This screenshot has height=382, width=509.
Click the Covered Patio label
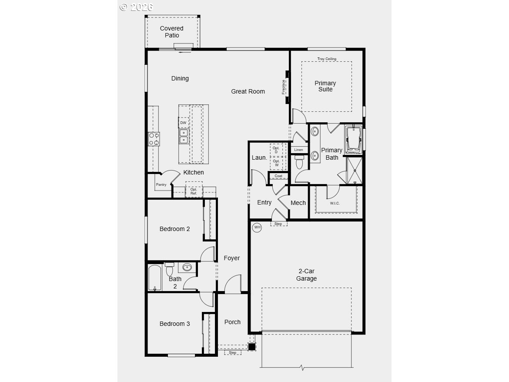[171, 32]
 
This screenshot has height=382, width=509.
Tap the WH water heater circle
[257, 227]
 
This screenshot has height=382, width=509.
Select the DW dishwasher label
[184, 123]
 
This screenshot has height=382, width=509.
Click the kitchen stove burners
[154, 139]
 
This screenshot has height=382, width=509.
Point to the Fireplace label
[283, 87]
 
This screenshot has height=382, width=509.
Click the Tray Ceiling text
[327, 59]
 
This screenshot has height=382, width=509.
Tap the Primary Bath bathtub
[353, 140]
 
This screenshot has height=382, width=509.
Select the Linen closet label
[298, 150]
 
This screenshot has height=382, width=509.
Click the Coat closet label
[278, 176]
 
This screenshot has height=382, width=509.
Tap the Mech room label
[298, 203]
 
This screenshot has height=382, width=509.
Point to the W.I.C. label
[335, 203]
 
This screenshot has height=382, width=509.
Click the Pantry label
[161, 184]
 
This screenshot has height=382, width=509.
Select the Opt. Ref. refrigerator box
[194, 189]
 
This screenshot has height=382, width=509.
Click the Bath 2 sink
[187, 268]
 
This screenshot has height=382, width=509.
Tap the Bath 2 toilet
[170, 269]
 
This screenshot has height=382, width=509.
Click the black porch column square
[251, 347]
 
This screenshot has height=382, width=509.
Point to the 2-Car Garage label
[306, 275]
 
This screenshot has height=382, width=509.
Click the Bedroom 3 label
[174, 324]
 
